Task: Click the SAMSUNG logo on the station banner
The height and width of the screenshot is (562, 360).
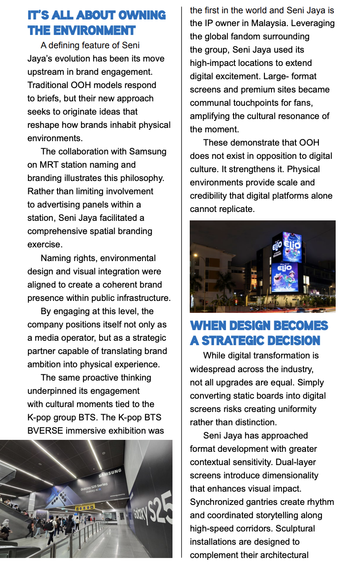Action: [x=110, y=473]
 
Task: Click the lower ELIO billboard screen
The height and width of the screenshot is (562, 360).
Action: [x=284, y=277]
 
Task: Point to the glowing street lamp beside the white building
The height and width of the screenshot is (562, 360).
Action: [x=195, y=256]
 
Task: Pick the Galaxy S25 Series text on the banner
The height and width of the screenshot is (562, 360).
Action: [x=94, y=488]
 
